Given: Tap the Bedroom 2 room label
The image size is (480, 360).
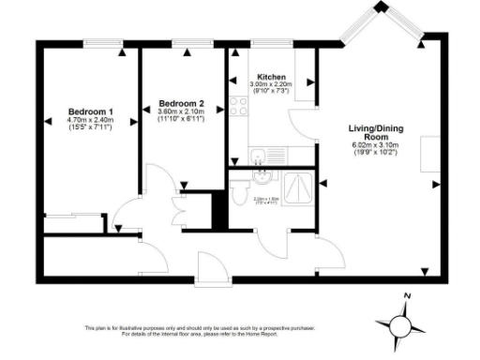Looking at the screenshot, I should point(181,103).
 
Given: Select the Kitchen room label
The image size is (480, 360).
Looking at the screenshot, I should point(271,77).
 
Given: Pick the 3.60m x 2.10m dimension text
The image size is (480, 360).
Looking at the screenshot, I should point(181,112).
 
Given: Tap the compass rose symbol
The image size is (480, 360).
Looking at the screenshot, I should point(401,323).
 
